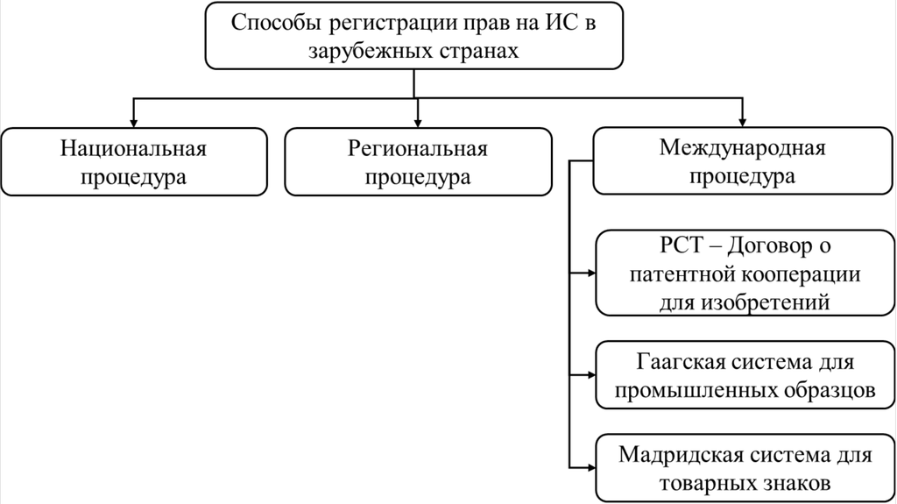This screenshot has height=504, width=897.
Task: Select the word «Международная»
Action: pos(742,146)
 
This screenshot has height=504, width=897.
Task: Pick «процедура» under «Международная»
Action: pos(742,175)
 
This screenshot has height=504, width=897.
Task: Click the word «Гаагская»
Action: pos(674,361)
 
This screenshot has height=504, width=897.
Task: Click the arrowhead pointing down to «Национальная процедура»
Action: pos(133,120)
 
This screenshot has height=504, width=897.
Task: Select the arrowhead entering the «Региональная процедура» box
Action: pos(418,120)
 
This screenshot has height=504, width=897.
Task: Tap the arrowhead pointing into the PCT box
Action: pos(589,273)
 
